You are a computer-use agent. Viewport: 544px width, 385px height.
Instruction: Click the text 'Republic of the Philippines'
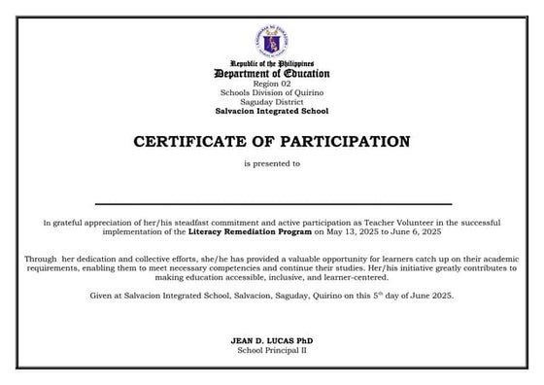[x=272, y=63]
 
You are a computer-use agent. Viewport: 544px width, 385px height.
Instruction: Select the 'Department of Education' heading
[x=272, y=74]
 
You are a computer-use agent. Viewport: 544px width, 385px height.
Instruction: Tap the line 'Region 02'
[x=272, y=85]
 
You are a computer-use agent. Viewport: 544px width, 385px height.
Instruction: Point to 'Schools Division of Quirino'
[x=272, y=93]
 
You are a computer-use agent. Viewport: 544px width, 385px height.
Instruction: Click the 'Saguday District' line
[x=272, y=101]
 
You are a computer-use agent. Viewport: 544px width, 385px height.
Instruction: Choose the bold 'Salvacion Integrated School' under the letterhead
[x=272, y=110]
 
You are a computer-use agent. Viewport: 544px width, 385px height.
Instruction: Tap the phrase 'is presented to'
[x=272, y=164]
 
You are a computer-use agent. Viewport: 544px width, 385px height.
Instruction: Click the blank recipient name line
[x=272, y=202]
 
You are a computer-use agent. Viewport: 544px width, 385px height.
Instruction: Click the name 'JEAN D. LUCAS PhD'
[x=272, y=340]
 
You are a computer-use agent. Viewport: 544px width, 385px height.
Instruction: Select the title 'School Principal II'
[x=272, y=350]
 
